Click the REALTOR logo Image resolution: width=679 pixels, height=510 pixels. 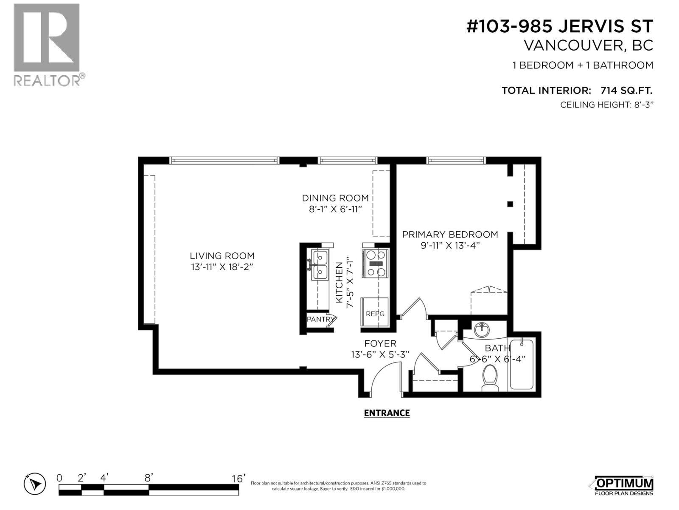point(47,45)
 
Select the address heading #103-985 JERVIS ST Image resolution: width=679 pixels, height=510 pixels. point(559,26)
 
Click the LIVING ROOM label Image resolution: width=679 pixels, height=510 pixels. point(222,256)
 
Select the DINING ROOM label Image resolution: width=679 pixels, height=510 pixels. point(335,198)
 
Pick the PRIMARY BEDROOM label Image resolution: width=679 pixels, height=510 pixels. point(450,235)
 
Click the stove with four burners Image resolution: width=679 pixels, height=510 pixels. point(376,263)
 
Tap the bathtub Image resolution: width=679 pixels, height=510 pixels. point(522,364)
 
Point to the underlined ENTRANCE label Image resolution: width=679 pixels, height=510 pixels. point(387,413)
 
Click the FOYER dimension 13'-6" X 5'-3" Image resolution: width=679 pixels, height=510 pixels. point(380,354)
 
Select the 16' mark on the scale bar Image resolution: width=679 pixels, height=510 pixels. point(238,479)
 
